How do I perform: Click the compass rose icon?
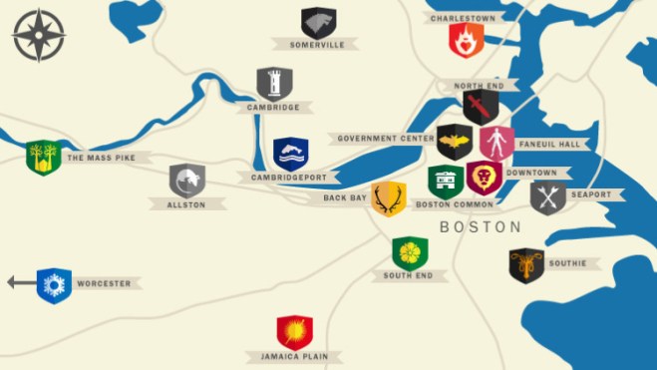pyautogui.click(x=39, y=35)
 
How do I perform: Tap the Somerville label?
pyautogui.click(x=317, y=45)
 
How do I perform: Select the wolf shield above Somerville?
pyautogui.click(x=319, y=22)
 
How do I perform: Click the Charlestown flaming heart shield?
pyautogui.click(x=465, y=40)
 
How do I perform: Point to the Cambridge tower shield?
pyautogui.click(x=274, y=84)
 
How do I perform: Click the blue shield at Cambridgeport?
pyautogui.click(x=291, y=154)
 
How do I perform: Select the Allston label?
pyautogui.click(x=187, y=204)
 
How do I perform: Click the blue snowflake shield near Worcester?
pyautogui.click(x=54, y=285)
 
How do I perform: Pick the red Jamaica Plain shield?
pyautogui.click(x=294, y=332)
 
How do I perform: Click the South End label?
pyautogui.click(x=408, y=275)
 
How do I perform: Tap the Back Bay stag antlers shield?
pyautogui.click(x=389, y=197)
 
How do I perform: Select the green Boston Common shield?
pyautogui.click(x=445, y=182)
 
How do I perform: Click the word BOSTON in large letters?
pyautogui.click(x=481, y=227)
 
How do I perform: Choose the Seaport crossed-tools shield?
pyautogui.click(x=547, y=196)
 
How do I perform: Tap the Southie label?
pyautogui.click(x=567, y=263)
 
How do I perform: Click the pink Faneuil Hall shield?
pyautogui.click(x=496, y=143)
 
